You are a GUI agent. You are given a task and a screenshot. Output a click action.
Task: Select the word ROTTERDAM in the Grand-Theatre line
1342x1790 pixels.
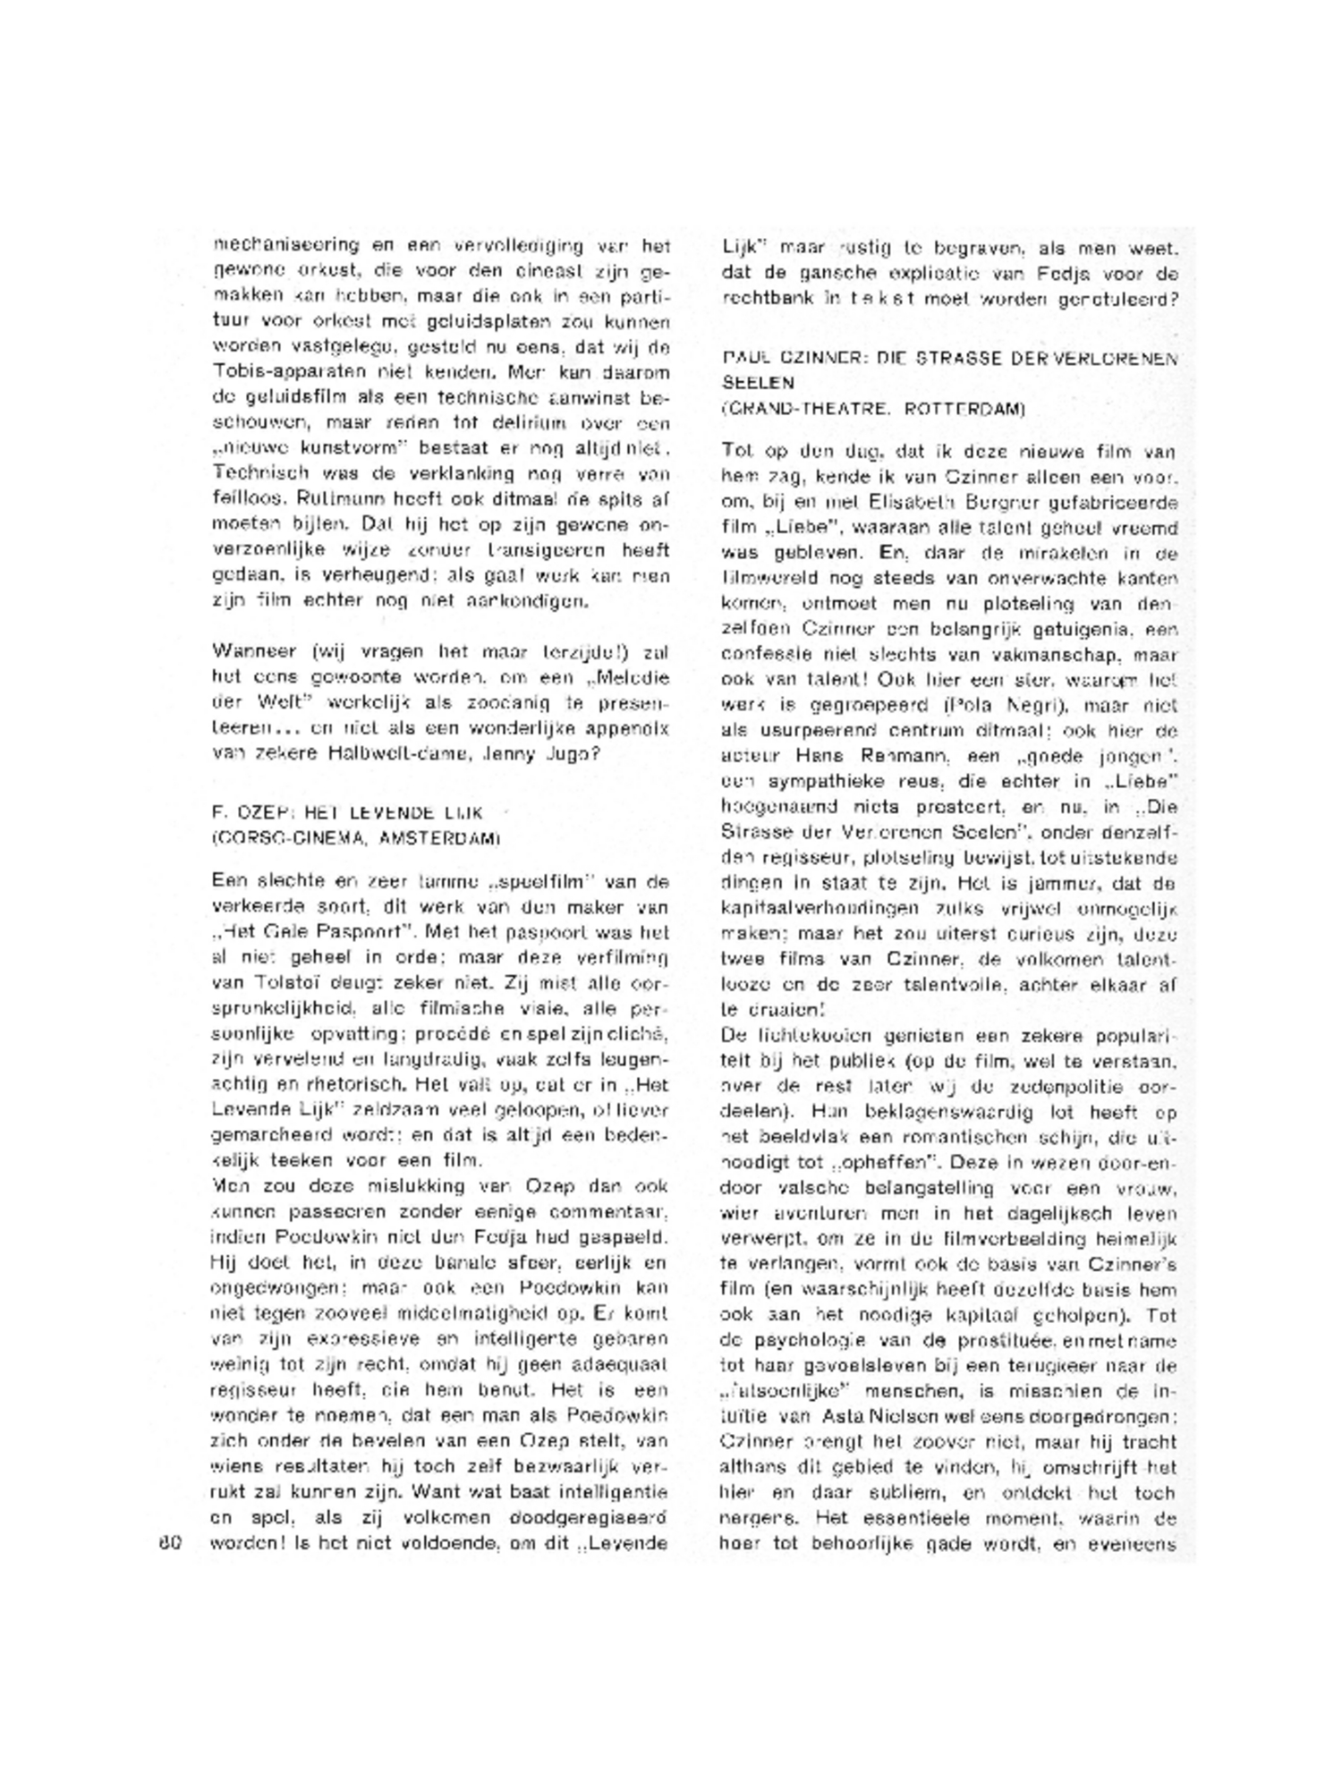964,409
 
